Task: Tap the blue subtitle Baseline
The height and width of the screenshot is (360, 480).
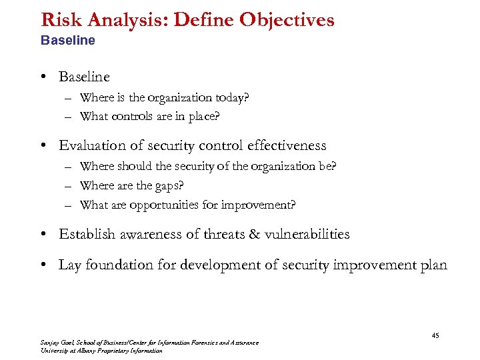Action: click(68, 40)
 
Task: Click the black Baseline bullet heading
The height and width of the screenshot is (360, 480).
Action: click(84, 77)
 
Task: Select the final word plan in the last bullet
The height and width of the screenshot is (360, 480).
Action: click(433, 265)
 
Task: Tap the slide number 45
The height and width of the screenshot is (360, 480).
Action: click(435, 335)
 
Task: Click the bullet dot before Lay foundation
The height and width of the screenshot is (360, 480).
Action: click(42, 265)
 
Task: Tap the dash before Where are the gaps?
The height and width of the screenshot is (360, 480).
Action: click(69, 186)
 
